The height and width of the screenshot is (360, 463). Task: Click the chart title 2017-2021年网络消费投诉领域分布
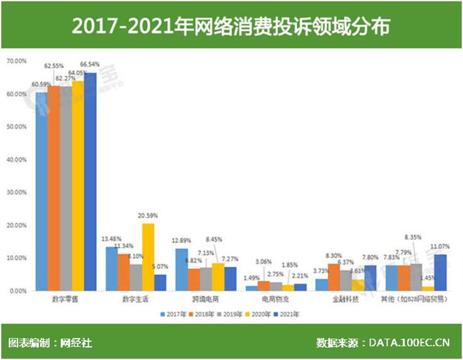231,27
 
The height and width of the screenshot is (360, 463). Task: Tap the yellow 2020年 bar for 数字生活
148,257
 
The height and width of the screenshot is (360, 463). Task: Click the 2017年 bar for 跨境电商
181,270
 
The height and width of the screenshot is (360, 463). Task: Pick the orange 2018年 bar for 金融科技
334,277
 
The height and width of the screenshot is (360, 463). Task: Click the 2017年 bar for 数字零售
41,191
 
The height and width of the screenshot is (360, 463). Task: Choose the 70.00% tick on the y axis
16,61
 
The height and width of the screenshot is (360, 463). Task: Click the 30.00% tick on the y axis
16,192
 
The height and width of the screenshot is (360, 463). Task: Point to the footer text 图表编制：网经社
50,343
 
